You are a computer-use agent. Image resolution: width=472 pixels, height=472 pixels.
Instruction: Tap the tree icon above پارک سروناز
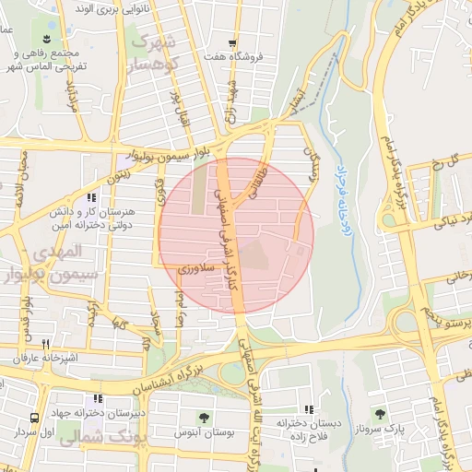click(378, 412)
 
